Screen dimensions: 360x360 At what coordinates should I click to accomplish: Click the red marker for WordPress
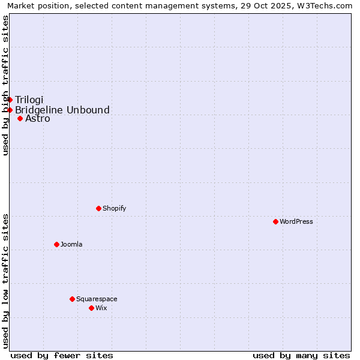(275, 221)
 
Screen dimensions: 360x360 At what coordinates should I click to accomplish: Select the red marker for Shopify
(98, 208)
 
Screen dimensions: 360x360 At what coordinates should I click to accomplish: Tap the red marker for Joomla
(56, 244)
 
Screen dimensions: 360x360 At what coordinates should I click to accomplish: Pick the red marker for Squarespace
(72, 299)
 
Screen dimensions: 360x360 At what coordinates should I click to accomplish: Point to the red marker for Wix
(91, 308)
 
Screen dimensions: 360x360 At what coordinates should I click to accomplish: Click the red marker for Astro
(20, 118)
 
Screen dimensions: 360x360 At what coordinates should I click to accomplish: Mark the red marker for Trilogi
(10, 100)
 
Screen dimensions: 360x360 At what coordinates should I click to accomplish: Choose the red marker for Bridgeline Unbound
(10, 110)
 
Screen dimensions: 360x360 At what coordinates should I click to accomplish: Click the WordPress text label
(296, 221)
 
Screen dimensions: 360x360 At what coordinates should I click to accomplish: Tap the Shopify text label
(115, 208)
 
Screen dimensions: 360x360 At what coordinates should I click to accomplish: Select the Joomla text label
(71, 244)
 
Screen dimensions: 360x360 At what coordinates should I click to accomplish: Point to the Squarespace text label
(97, 299)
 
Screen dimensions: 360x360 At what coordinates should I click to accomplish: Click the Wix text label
(101, 308)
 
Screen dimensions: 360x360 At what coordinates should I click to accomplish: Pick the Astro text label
(38, 118)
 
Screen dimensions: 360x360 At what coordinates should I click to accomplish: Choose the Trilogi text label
(29, 100)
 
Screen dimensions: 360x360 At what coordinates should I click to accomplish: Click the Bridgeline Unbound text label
(62, 110)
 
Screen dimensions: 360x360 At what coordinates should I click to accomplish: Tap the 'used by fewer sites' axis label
(62, 355)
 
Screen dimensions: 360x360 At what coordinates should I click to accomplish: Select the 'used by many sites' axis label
(301, 355)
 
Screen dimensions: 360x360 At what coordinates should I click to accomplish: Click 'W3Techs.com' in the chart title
(328, 5)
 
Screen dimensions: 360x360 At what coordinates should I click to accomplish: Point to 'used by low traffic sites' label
(5, 281)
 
